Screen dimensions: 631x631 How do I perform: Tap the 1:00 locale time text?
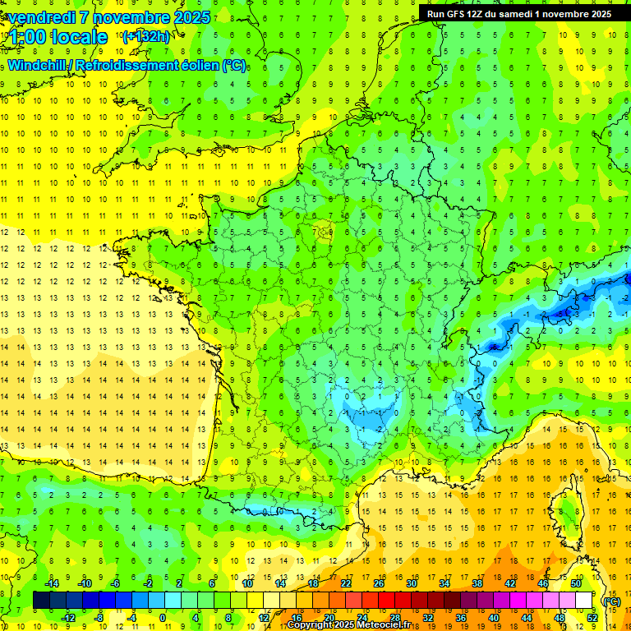pos(58,37)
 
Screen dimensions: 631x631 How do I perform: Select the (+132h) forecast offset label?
pos(145,36)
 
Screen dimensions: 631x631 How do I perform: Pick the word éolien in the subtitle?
pos(203,65)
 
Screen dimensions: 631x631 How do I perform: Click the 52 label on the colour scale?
pos(592,618)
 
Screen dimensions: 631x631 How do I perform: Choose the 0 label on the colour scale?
pos(163,618)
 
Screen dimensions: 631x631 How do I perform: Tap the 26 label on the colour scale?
pos(379,583)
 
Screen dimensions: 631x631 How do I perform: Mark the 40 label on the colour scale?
pos(494,618)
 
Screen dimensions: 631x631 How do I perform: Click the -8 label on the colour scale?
pos(99,618)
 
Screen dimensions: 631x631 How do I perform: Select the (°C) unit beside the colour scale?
pos(611,601)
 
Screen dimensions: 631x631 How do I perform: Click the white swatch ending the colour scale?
pos(584,601)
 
